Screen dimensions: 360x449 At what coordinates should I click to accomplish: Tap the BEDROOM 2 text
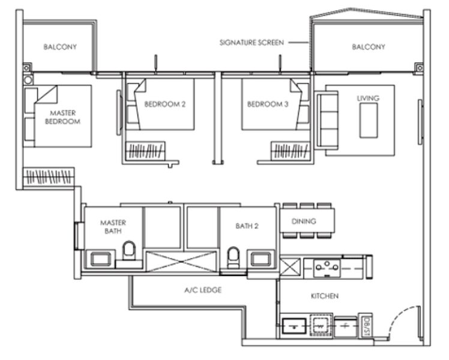point(164,104)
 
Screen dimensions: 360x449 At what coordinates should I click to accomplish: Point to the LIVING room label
point(368,98)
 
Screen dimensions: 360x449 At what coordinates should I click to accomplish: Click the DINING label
point(304,221)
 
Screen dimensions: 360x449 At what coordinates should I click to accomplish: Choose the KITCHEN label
point(324,296)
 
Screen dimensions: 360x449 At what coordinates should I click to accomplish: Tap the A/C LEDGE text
point(203,290)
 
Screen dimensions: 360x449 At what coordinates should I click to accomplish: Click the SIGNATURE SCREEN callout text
point(251,43)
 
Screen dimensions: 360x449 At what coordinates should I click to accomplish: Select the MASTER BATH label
point(112,227)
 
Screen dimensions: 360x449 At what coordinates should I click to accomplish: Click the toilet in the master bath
point(128,253)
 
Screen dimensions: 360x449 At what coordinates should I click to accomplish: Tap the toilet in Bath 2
point(234,256)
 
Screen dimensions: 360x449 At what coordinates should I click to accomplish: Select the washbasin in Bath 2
point(261,259)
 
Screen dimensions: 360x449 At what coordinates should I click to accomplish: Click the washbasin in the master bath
point(98,259)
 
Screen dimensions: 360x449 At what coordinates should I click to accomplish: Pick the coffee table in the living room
point(368,120)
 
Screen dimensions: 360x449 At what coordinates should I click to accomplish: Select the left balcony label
point(59,46)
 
